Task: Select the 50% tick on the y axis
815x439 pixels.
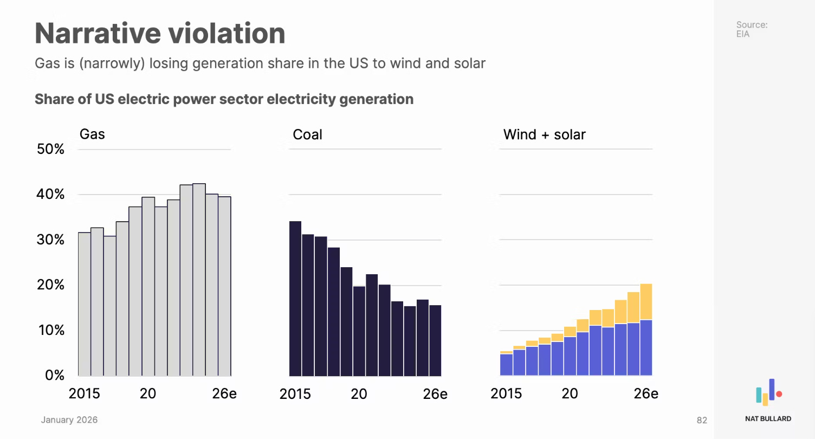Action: [50, 149]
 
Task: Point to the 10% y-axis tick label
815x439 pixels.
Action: [50, 330]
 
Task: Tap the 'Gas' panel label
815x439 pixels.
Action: [92, 134]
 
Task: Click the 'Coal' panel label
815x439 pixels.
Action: [307, 134]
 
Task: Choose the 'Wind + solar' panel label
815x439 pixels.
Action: [544, 134]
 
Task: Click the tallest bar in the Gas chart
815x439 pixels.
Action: [199, 280]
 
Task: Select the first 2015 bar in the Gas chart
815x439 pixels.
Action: [85, 304]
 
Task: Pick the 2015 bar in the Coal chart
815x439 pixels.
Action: [295, 298]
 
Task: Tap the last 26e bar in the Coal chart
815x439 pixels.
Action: [435, 340]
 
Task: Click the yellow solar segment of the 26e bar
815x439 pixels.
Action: [646, 302]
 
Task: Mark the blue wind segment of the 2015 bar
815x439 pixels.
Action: [506, 365]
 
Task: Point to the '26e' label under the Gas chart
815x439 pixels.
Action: [224, 393]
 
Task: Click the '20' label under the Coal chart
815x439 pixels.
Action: [359, 393]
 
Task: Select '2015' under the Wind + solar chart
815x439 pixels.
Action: [506, 393]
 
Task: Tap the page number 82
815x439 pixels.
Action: [702, 420]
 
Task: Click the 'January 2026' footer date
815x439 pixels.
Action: [69, 420]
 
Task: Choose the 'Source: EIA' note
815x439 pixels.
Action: [751, 29]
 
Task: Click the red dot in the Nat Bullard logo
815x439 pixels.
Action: [779, 394]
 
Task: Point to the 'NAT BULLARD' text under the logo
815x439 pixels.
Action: [768, 418]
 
